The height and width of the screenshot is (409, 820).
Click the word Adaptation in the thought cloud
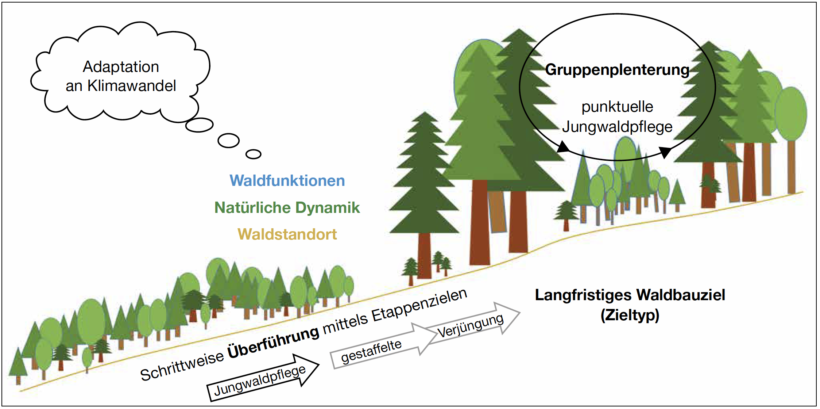click(x=121, y=67)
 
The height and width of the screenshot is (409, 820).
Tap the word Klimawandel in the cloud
click(x=131, y=86)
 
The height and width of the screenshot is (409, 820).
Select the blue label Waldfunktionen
click(x=287, y=181)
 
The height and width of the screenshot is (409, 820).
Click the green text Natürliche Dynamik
click(x=287, y=207)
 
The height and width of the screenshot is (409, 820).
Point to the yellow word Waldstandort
click(x=287, y=234)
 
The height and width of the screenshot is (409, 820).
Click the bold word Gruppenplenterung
click(x=617, y=69)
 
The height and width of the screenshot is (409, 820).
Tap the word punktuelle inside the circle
click(x=617, y=107)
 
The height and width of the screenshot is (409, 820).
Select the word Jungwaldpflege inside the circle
click(x=617, y=127)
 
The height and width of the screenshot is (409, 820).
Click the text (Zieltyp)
click(x=630, y=315)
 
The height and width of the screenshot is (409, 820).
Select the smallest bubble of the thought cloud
click(x=253, y=154)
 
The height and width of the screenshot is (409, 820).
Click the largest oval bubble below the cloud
click(x=199, y=125)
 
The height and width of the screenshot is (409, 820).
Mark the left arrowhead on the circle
click(x=563, y=147)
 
